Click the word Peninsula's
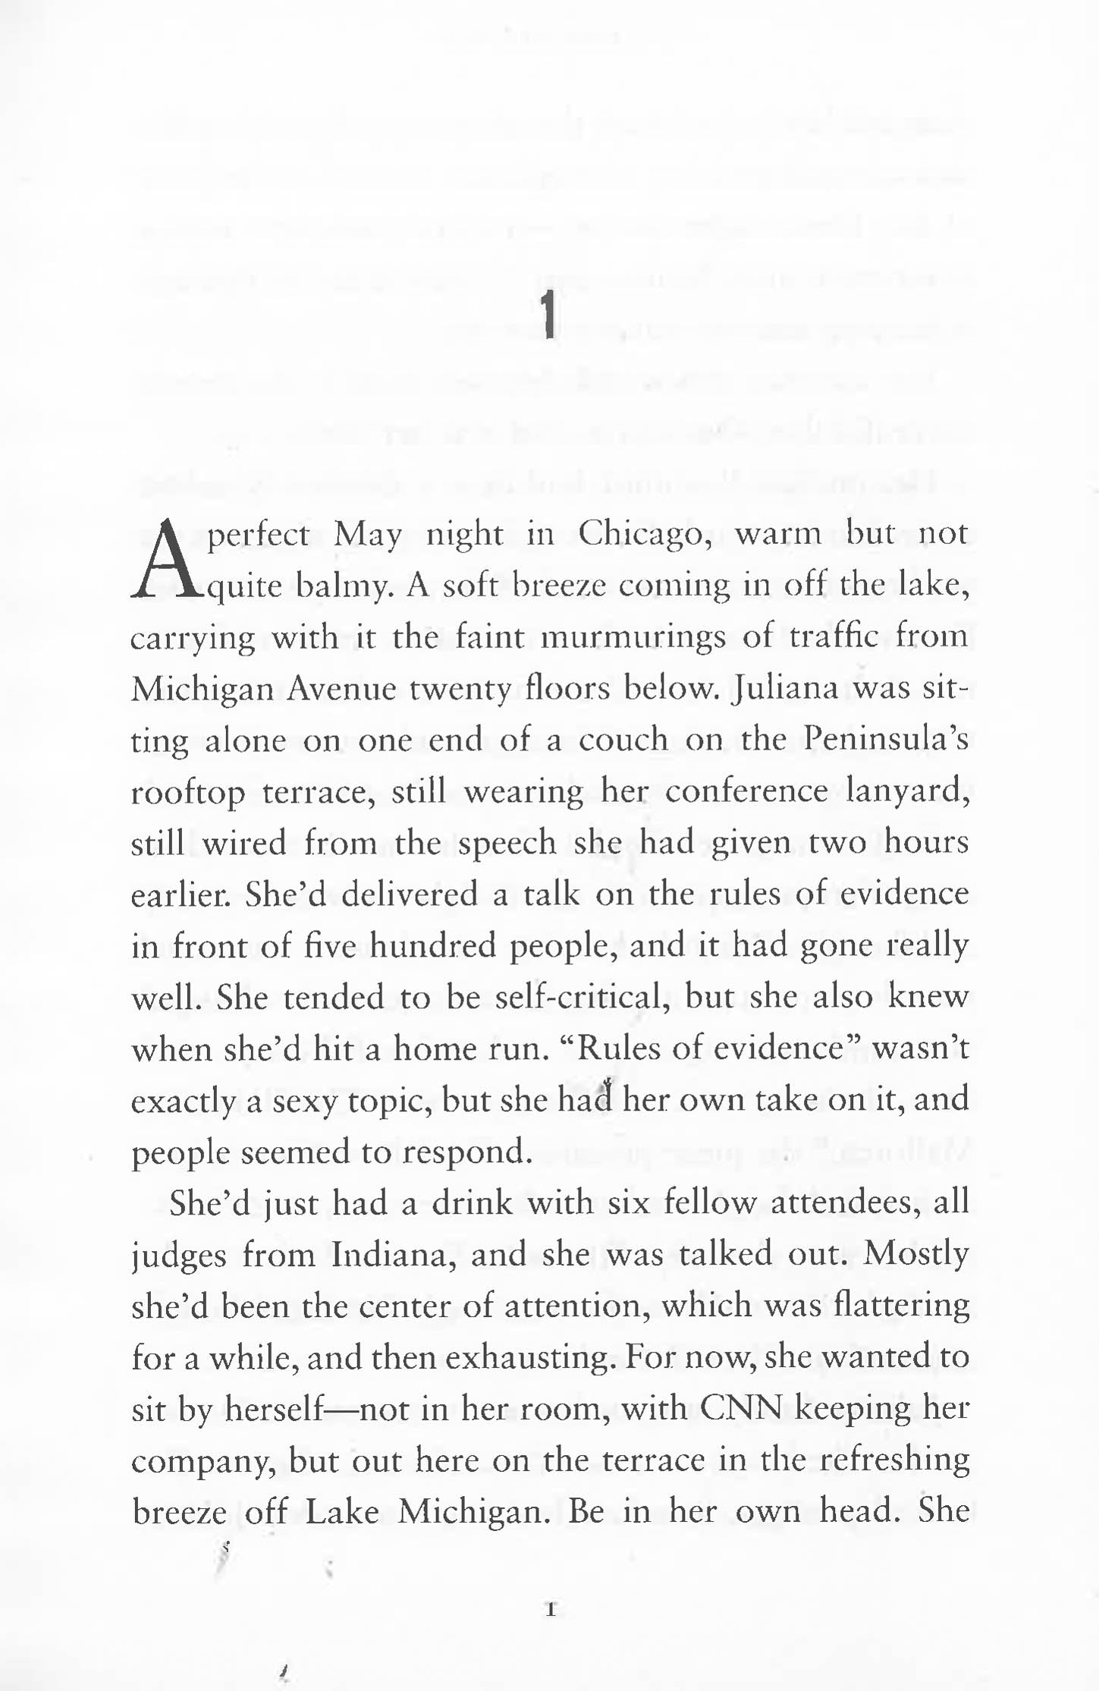886,740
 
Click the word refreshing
895,1460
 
